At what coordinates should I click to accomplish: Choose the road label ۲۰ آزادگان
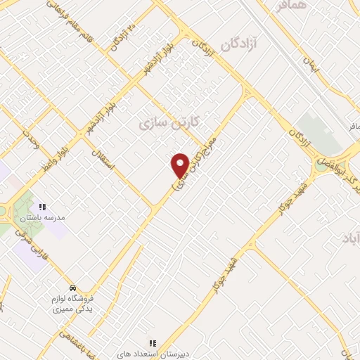pos(122,37)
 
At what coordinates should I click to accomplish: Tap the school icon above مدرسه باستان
pos(42,207)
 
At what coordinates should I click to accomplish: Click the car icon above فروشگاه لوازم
pos(72,288)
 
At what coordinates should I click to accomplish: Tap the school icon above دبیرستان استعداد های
pos(152,344)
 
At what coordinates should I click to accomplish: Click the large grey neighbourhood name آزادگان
pos(238,44)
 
